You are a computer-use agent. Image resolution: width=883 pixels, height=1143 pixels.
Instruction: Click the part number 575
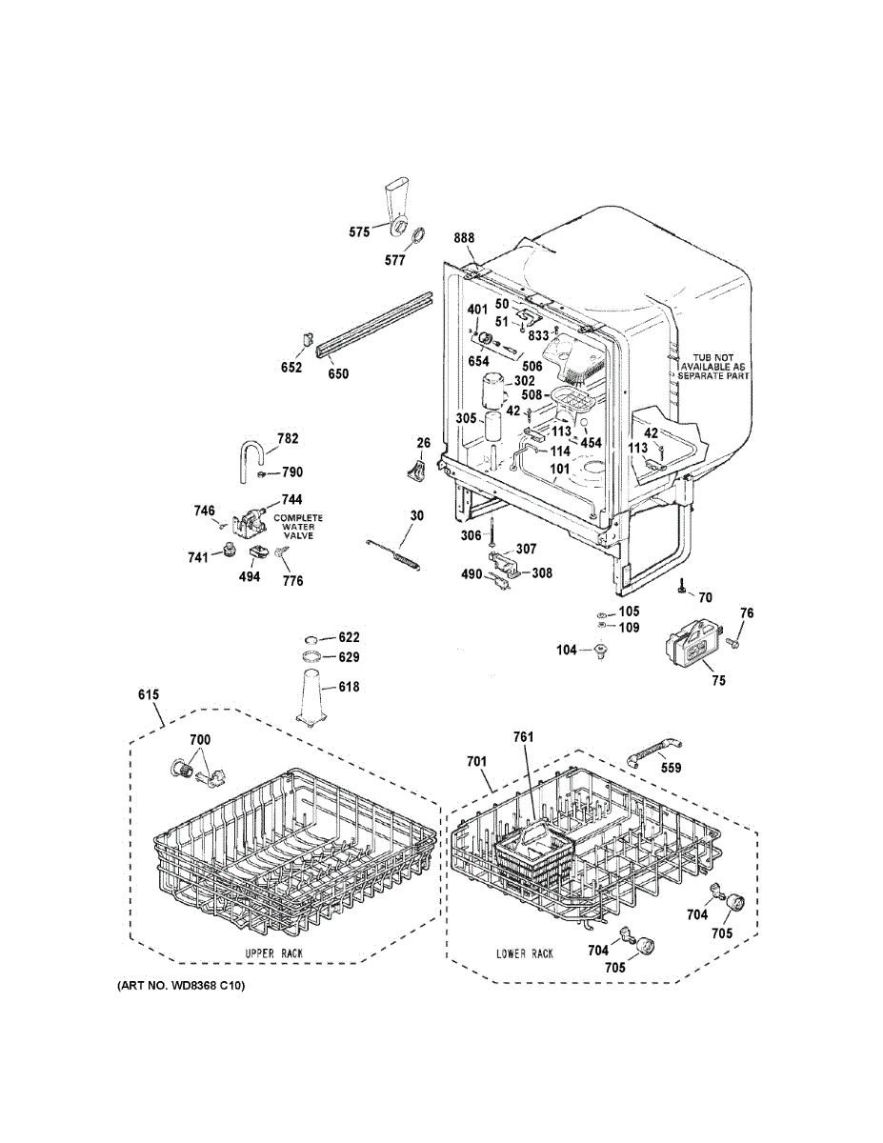coord(358,231)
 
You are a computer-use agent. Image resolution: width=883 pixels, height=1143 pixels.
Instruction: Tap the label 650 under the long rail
coord(338,374)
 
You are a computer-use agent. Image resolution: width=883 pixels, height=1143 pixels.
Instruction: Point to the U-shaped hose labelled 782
coord(250,454)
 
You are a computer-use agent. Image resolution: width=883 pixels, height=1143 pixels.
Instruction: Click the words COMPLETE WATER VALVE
coord(298,527)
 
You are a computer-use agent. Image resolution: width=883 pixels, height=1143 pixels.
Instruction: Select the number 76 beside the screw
coord(747,613)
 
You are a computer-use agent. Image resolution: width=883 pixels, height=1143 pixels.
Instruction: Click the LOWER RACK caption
coord(524,953)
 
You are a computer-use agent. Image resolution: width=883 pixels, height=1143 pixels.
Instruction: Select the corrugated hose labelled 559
coord(655,752)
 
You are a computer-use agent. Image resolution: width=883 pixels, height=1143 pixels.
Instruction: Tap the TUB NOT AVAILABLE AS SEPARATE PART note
coord(713,366)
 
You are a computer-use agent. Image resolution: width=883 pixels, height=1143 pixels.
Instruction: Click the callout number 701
coord(476,761)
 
